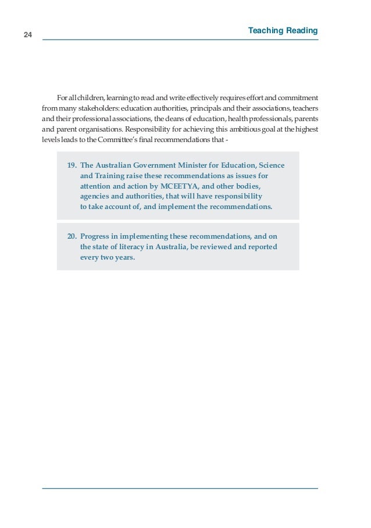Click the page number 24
(x=27, y=35)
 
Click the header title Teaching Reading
(x=283, y=30)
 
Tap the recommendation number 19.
(x=72, y=165)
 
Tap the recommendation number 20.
(x=72, y=236)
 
